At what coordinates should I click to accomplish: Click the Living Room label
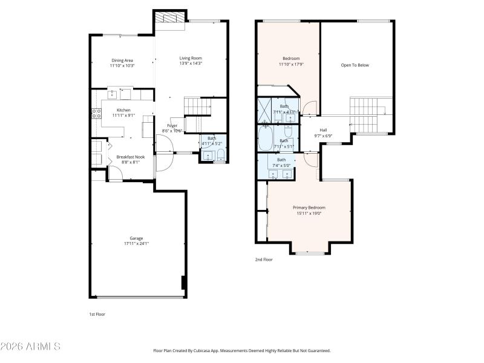coord(191,58)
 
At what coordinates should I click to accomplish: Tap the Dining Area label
coord(122,60)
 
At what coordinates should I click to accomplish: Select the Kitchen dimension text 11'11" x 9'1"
coord(123,116)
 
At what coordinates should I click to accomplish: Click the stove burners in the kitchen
coord(95,113)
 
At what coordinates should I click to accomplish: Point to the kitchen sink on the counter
coord(113,94)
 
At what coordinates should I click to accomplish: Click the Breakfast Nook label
coord(130,157)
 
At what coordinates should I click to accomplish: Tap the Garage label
coord(136,238)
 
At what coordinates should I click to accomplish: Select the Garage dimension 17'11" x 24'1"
coord(136,244)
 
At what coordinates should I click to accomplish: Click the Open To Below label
coord(355,65)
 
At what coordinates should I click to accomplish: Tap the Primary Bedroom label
coord(309,208)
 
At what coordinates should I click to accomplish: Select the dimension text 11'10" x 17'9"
coord(291,64)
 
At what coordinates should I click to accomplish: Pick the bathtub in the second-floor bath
coord(265,139)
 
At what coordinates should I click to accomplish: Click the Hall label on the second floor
coord(323,130)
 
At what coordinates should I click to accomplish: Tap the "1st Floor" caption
coord(97,315)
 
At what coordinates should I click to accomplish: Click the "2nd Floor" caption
coord(263,259)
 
